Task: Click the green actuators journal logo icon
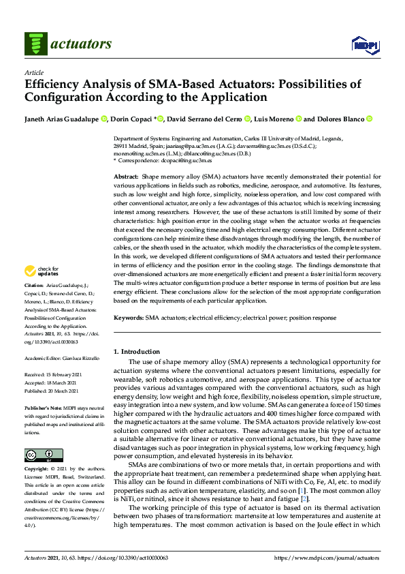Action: pyautogui.click(x=34, y=44)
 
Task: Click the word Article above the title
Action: pyautogui.click(x=33, y=72)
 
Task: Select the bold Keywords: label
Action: pyautogui.click(x=128, y=318)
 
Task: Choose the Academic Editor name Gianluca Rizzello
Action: pyautogui.click(x=80, y=356)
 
